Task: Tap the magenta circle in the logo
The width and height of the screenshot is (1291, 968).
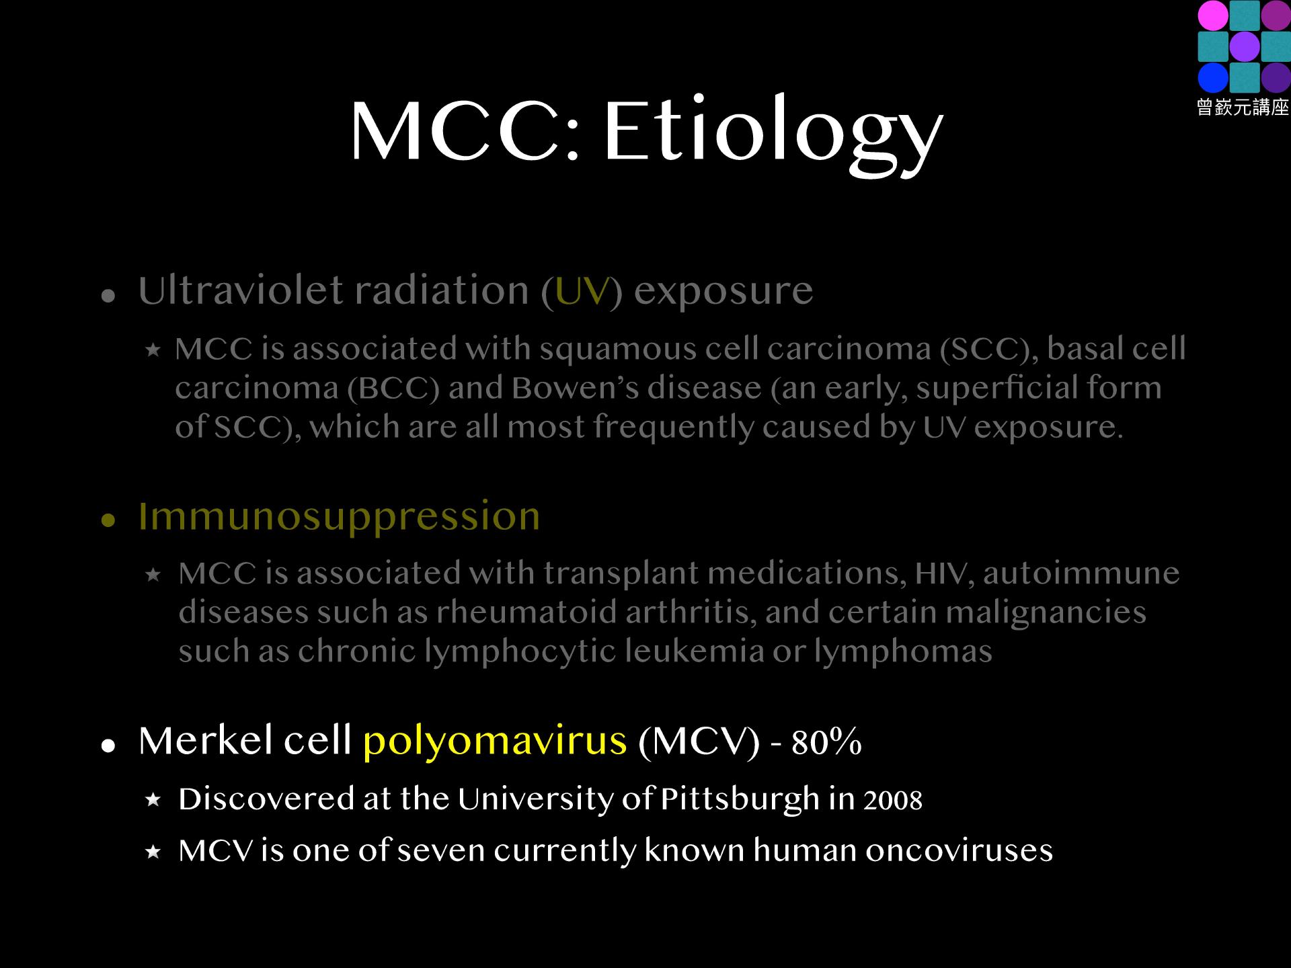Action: (x=1212, y=15)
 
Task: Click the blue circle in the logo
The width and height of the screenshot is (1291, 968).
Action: (x=1212, y=77)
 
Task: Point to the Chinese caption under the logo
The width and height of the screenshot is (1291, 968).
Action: (x=1243, y=107)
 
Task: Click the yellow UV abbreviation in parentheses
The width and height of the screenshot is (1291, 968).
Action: (x=582, y=292)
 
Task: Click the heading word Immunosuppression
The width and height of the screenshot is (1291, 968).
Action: (x=339, y=517)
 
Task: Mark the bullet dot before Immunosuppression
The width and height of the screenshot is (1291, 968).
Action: (x=108, y=520)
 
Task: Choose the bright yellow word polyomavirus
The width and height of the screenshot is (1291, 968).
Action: (x=495, y=741)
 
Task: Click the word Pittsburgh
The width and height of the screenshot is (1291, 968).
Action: (x=740, y=800)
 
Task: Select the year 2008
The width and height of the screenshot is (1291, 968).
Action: (x=893, y=800)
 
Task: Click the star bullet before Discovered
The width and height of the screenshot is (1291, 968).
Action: (x=153, y=800)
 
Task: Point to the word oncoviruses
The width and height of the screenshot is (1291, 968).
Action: (x=959, y=851)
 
